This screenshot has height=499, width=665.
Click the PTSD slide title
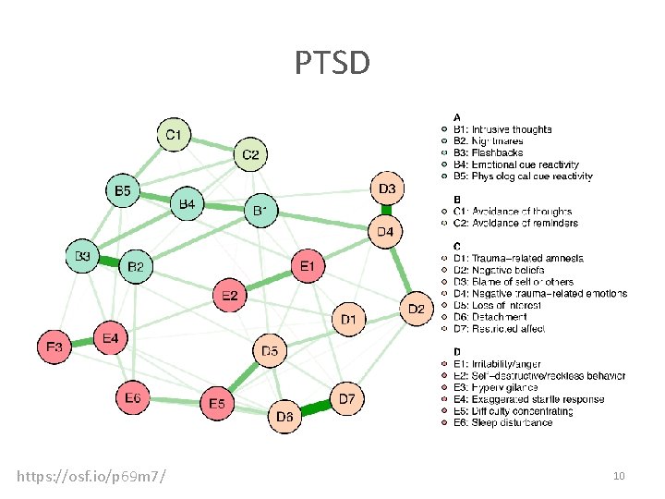(332, 64)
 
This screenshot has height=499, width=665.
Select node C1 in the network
(173, 136)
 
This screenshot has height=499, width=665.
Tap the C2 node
(250, 154)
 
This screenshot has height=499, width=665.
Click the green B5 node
(122, 191)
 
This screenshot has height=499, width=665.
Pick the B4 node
(187, 202)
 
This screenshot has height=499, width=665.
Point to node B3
(83, 256)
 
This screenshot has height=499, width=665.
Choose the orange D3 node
(386, 189)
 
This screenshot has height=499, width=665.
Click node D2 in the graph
(416, 308)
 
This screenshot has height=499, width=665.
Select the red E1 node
(308, 266)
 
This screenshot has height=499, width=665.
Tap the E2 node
(230, 296)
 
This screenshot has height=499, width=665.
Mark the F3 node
(54, 347)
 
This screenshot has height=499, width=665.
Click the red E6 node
(132, 397)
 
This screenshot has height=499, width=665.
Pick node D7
(346, 398)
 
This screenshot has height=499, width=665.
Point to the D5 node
(270, 351)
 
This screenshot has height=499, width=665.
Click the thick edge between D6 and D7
(315, 408)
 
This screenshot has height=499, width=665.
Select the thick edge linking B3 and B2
(110, 262)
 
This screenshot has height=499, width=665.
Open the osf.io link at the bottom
(91, 476)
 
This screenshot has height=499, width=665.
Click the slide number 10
(619, 475)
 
